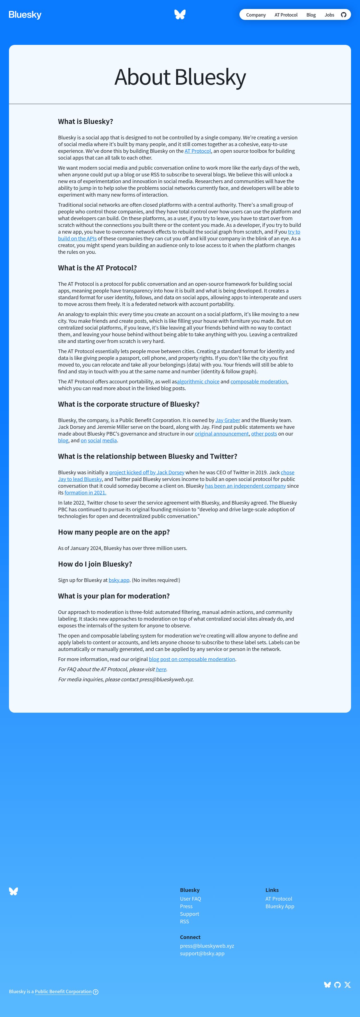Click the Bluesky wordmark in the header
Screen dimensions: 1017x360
(25, 15)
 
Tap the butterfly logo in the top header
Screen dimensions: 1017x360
(180, 15)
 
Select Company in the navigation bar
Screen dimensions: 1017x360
(256, 15)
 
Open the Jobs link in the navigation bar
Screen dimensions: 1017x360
(329, 15)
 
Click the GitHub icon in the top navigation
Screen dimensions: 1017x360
(343, 15)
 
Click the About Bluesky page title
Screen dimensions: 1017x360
(180, 77)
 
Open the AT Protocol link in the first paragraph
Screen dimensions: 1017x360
(197, 151)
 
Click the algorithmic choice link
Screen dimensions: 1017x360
(198, 382)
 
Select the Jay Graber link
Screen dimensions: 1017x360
(227, 420)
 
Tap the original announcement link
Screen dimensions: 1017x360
(221, 434)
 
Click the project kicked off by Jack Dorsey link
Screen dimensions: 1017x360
(146, 473)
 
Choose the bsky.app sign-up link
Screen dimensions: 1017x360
(119, 580)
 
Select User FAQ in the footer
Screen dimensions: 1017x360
(190, 899)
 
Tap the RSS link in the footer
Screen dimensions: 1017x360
(184, 921)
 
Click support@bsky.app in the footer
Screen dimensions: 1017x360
(202, 953)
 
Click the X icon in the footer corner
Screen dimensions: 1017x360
(347, 985)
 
